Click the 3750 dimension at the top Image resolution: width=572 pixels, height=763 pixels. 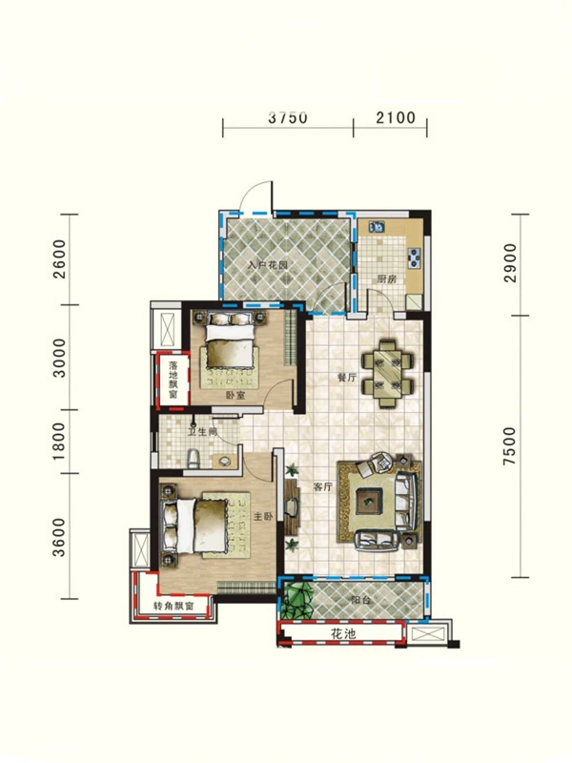(288, 117)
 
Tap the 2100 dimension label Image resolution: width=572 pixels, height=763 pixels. (396, 117)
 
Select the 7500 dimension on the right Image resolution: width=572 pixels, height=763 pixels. (509, 445)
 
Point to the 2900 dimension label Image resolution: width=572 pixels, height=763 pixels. (510, 263)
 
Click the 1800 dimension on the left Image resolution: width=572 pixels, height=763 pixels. (58, 442)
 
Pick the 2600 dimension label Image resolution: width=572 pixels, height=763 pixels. (59, 258)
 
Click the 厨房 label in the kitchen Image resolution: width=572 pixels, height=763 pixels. (387, 279)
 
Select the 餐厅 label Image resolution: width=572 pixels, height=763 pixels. (347, 377)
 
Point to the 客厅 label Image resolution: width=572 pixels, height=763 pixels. (322, 486)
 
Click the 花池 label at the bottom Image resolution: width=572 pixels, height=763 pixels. (343, 633)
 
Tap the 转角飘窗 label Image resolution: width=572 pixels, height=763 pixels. (174, 607)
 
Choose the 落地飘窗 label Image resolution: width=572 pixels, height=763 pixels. (173, 380)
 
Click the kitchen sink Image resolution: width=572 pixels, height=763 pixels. (377, 226)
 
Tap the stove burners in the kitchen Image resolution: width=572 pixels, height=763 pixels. (415, 258)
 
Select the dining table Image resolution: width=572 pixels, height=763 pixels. (388, 374)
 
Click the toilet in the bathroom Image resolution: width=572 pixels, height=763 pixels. (194, 459)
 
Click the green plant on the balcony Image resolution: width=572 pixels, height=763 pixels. (297, 599)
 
